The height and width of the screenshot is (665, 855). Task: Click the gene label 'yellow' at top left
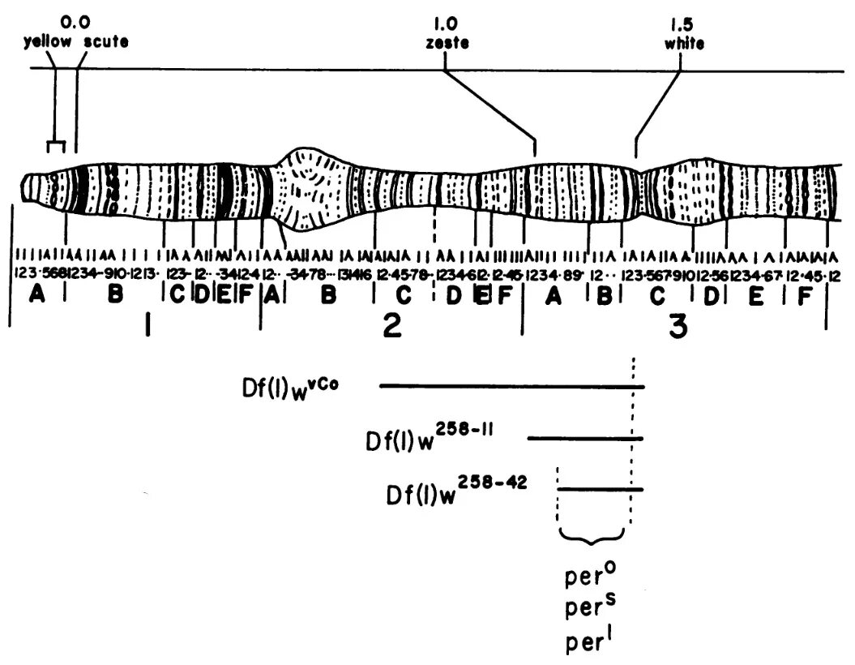43,41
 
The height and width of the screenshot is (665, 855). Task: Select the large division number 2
391,327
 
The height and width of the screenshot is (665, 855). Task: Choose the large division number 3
678,327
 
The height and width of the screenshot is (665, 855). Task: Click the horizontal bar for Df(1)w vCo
511,386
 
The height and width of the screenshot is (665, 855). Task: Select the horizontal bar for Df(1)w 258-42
601,489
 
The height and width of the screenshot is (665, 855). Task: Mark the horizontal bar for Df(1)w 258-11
584,439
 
